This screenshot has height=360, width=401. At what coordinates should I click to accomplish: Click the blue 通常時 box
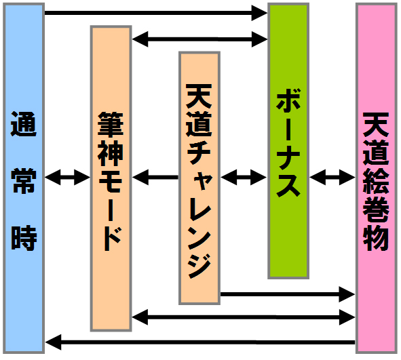click(x=24, y=178)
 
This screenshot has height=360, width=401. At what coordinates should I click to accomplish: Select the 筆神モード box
click(x=111, y=178)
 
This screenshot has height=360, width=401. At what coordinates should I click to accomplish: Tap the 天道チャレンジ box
click(x=199, y=178)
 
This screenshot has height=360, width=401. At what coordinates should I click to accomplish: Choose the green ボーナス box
click(x=288, y=141)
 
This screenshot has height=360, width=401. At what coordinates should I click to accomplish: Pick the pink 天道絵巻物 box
click(x=377, y=178)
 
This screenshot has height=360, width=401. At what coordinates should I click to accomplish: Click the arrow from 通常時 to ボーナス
click(x=156, y=13)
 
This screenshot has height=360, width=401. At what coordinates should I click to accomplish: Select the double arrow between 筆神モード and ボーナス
click(x=199, y=39)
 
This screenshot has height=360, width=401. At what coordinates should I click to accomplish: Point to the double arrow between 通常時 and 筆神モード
click(x=68, y=177)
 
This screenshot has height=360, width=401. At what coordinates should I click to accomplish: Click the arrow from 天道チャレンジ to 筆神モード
click(x=155, y=177)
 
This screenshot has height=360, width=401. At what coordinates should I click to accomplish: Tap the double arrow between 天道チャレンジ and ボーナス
click(x=244, y=177)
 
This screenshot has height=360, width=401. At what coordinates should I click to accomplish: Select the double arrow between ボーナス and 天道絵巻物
click(x=332, y=177)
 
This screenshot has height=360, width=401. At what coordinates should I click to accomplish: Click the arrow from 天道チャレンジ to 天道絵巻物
click(x=288, y=294)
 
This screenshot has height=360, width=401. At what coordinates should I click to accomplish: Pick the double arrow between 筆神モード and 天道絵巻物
click(x=244, y=317)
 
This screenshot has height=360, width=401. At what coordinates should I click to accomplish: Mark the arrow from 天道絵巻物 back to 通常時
click(x=200, y=342)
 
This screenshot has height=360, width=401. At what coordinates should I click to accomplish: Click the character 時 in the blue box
click(x=24, y=238)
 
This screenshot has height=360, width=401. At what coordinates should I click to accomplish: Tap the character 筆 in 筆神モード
click(x=111, y=125)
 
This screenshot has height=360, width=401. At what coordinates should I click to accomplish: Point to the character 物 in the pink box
click(x=376, y=238)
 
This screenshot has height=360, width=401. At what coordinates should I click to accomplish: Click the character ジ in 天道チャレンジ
click(x=199, y=266)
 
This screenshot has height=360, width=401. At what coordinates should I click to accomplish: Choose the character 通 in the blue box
click(x=24, y=124)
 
